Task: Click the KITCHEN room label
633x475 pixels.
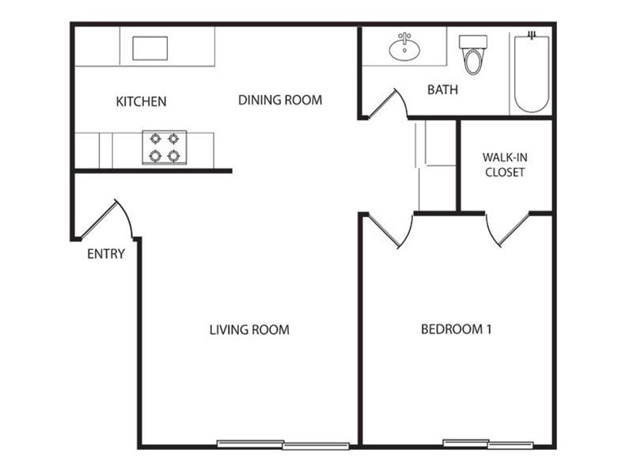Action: point(141,101)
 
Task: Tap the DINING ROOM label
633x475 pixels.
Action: point(280,100)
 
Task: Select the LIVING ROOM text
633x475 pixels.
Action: point(249,329)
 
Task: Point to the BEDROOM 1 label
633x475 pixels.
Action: point(457,329)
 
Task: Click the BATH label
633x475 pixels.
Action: point(442,89)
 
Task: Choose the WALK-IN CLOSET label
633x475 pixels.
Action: point(505,165)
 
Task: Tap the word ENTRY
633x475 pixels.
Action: point(106,253)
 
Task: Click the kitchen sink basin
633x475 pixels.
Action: point(150,48)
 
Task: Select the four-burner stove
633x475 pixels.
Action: point(165,147)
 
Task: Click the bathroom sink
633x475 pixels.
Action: point(404,48)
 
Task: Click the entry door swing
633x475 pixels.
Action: point(106,219)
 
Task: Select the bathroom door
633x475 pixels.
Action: point(388,104)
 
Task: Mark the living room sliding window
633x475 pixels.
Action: point(283,444)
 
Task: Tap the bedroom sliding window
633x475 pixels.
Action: point(488,444)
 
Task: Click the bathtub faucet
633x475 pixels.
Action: point(532,35)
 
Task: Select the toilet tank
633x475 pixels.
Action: point(473,42)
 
